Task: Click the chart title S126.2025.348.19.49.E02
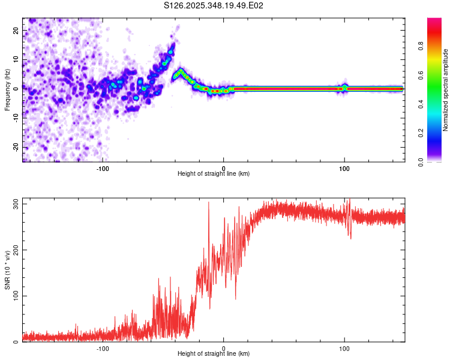pos(214,5)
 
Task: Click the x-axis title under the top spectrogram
pos(214,174)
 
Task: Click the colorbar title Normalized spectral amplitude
pos(446,90)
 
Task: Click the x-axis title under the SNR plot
pos(214,354)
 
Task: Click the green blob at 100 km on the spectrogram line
pos(344,88)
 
